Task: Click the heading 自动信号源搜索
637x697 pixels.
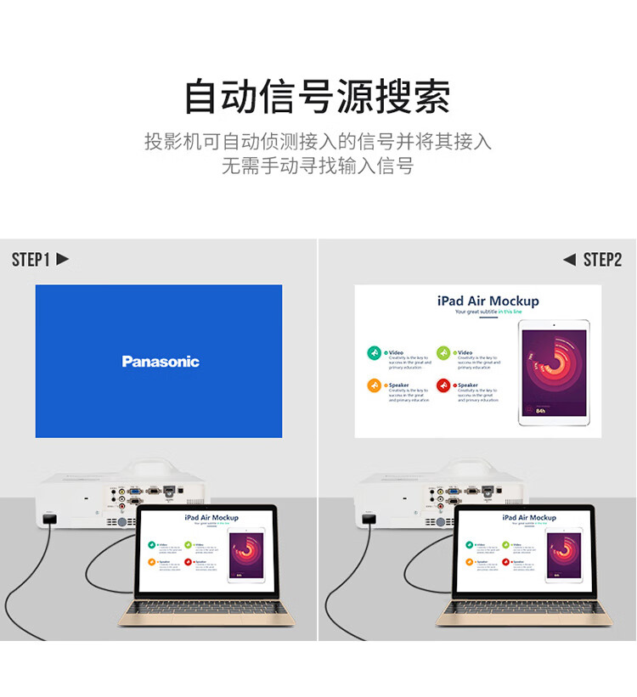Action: [318, 97]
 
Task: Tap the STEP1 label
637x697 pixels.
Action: [31, 260]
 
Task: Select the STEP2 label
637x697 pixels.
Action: [602, 260]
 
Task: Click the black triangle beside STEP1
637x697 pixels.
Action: [62, 260]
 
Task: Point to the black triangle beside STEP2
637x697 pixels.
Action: [569, 260]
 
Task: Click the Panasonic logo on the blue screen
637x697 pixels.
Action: [160, 362]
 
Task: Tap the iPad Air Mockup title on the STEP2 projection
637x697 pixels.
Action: [488, 301]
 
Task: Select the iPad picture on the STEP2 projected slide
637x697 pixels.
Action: [553, 373]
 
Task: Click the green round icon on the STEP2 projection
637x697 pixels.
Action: [374, 353]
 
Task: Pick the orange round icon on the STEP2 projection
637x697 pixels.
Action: [374, 386]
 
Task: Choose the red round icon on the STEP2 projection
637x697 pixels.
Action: [443, 386]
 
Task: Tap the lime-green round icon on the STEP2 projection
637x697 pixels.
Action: [443, 353]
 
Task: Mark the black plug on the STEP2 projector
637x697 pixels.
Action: [369, 519]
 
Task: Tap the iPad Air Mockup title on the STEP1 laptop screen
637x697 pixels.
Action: [211, 517]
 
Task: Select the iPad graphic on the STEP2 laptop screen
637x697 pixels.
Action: [564, 557]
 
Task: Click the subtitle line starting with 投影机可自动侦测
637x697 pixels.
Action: [318, 141]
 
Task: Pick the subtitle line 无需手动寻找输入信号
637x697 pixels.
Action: [318, 166]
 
